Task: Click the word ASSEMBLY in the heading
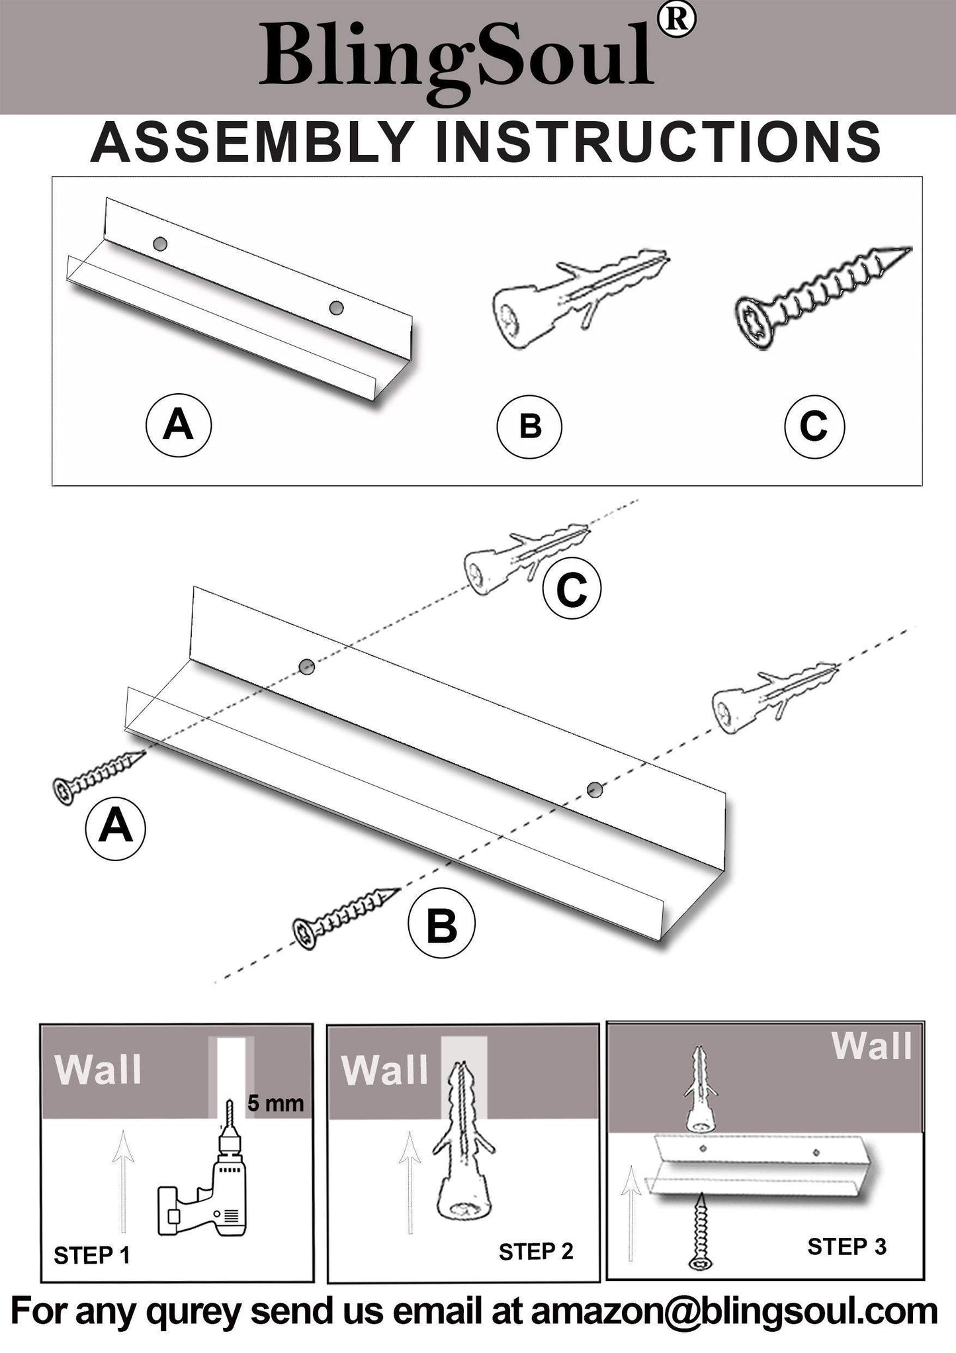[252, 142]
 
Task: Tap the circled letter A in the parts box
[178, 425]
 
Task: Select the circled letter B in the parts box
[529, 426]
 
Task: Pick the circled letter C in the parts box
[814, 426]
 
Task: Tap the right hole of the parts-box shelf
[337, 308]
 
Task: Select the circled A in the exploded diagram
[116, 827]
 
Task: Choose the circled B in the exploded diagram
[441, 925]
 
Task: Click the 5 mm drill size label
[275, 1103]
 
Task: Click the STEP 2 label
[535, 1252]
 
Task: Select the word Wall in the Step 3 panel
[871, 1046]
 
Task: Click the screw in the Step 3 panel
[700, 1232]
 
